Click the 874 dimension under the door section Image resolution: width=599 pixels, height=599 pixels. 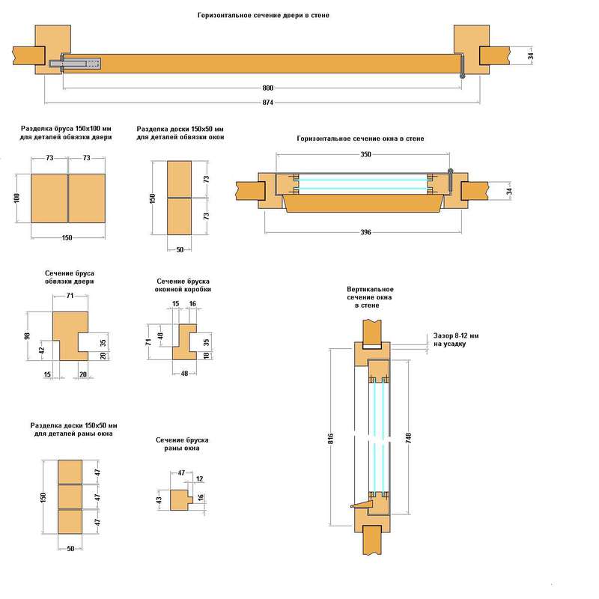tap(263, 103)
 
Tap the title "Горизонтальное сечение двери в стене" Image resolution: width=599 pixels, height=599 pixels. tap(263, 14)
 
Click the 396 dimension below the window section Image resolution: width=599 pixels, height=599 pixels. tap(365, 232)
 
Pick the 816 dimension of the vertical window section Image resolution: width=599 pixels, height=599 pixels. tap(330, 437)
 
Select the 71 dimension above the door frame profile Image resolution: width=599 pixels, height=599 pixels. tap(70, 297)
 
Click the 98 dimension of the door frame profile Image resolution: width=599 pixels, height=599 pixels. tap(27, 335)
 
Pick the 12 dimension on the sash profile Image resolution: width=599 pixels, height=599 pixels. tap(198, 478)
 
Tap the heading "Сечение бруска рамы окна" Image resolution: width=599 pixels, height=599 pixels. tap(181, 443)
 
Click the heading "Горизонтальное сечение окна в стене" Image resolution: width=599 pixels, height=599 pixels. tap(360, 139)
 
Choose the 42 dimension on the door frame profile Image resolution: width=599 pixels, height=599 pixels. tap(42, 349)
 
